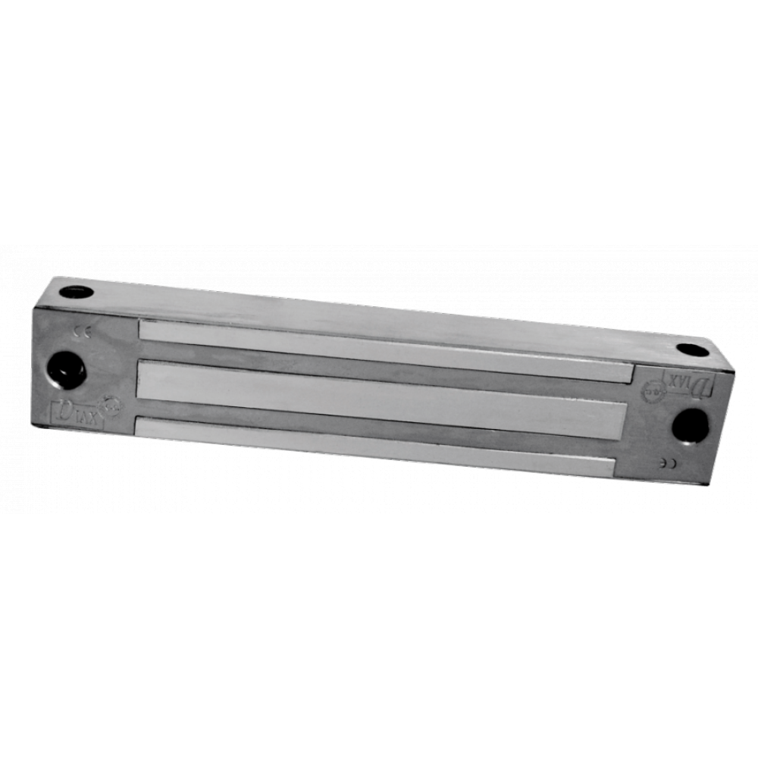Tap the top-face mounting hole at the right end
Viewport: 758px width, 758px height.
[x=692, y=349]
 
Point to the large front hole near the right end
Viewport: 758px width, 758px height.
[x=691, y=426]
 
